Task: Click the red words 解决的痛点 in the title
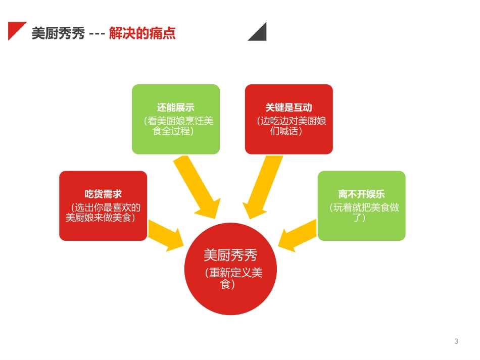[x=142, y=34]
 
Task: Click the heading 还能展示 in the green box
[x=175, y=108]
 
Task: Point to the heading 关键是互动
[x=289, y=108]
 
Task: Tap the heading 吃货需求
[x=103, y=194]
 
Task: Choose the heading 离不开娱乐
[x=361, y=194]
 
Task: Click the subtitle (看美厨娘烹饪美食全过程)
[x=176, y=126]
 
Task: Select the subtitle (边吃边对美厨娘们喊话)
[x=289, y=126]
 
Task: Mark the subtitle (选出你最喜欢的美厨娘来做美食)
[x=103, y=212]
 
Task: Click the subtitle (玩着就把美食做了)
[x=361, y=212]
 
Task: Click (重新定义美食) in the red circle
[x=233, y=278]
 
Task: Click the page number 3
[x=456, y=341]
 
